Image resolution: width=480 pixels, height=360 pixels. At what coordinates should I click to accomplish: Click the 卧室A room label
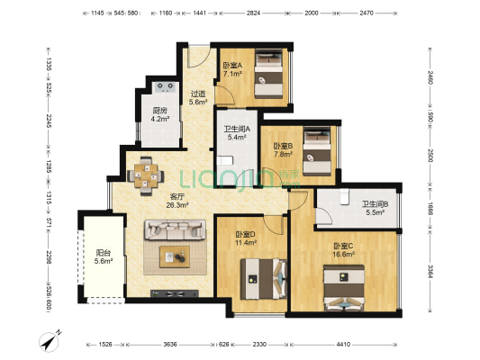coord(231,68)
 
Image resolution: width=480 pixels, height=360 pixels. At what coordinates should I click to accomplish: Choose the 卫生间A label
coord(235,132)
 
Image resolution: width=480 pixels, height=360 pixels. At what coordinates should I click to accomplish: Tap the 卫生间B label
coord(375,208)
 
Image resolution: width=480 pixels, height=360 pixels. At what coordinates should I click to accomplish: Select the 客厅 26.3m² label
coord(177,201)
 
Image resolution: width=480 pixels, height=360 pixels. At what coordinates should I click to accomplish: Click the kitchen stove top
coord(165,88)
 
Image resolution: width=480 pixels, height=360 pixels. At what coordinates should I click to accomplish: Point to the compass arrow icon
coord(50,341)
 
